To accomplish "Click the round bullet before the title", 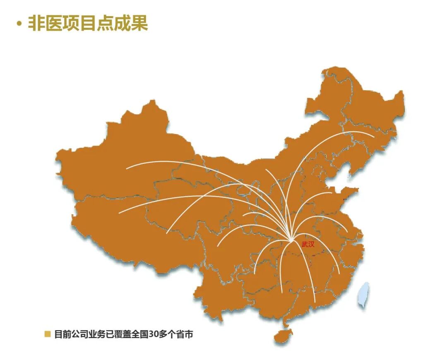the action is [19, 24].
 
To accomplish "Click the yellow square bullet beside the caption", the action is [48, 334].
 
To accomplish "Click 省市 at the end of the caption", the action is [184, 334].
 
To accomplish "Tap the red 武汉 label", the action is [308, 245].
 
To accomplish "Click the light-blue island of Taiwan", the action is [364, 295].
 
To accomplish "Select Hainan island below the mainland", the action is [283, 336].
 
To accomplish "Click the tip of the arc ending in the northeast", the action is [374, 137].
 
